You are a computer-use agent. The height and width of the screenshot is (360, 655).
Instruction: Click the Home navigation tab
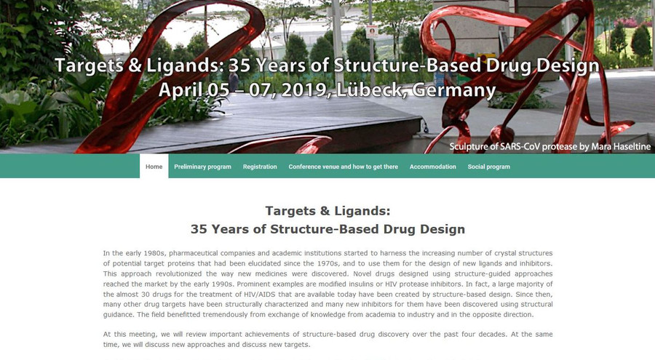pos(154,167)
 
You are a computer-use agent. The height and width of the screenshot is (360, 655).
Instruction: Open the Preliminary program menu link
pos(202,167)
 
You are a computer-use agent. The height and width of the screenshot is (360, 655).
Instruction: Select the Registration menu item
pos(260,167)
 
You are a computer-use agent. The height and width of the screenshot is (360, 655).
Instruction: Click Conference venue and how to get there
pos(343,167)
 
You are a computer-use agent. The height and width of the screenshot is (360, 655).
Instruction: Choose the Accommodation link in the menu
pos(433,167)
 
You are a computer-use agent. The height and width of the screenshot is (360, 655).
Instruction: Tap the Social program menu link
pos(489,167)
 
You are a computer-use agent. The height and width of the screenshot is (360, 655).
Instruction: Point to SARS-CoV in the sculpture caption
pos(516,147)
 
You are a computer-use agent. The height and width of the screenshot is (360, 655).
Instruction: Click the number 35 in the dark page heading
pos(199,229)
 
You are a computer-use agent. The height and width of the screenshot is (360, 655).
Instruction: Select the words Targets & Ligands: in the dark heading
pos(327,211)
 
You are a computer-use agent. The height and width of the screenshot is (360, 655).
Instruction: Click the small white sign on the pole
pos(372,32)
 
